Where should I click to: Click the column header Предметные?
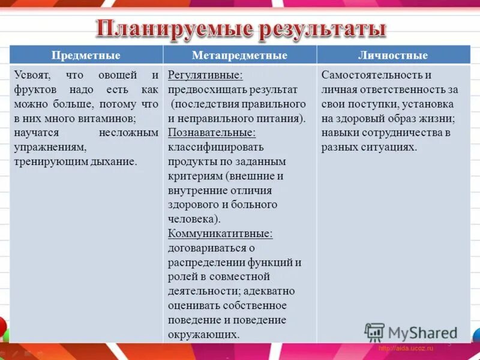tap(86, 56)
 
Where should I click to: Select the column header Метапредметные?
tap(239, 56)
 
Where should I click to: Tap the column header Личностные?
tap(392, 56)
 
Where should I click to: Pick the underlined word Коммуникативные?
tap(220, 233)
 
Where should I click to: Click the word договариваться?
tap(205, 248)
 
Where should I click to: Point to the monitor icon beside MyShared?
tap(374, 332)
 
